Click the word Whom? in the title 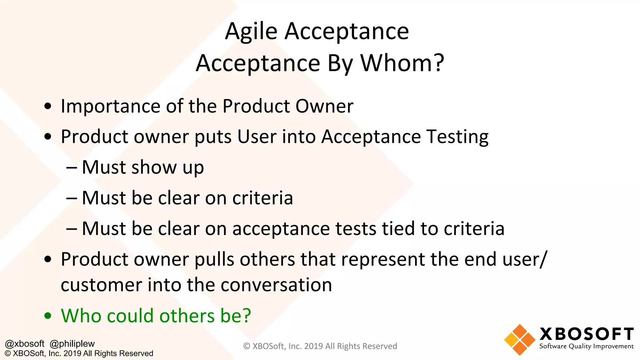402,63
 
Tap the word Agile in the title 251,32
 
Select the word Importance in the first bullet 110,106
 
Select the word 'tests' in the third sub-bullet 356,228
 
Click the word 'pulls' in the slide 214,259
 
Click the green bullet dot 48,316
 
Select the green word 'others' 187,316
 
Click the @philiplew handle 72,344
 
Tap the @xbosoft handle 25,344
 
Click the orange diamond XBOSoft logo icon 519,340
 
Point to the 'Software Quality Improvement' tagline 586,346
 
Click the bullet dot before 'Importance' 48,106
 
